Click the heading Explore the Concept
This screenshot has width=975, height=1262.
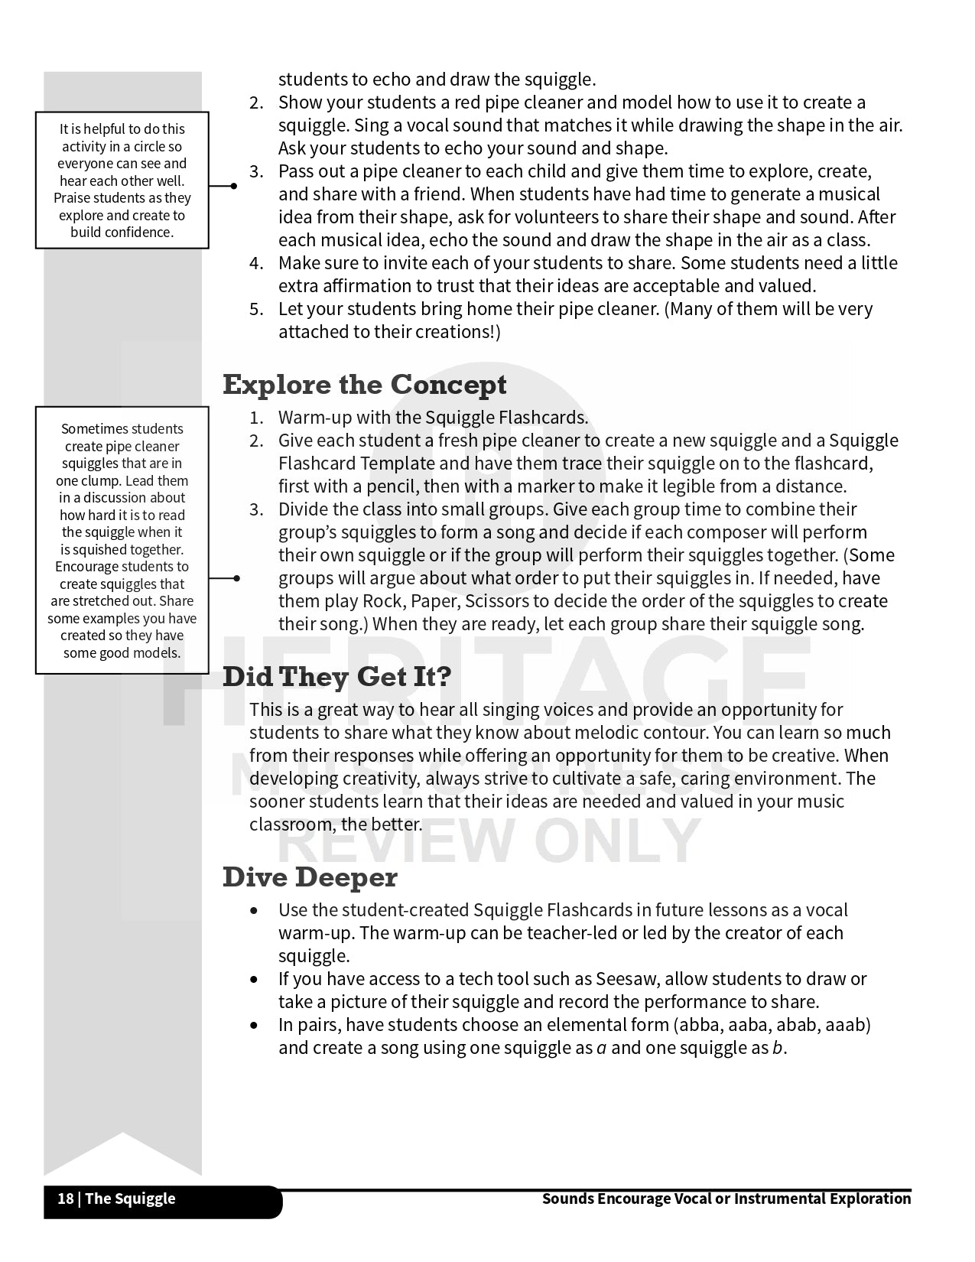pos(364,385)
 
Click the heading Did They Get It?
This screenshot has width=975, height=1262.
pos(336,677)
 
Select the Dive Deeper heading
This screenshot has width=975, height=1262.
pos(310,877)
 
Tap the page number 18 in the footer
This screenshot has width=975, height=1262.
pos(66,1199)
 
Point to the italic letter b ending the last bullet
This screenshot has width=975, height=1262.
pos(777,1048)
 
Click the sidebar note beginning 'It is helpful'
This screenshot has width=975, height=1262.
pos(122,181)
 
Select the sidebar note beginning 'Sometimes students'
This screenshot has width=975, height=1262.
pos(122,540)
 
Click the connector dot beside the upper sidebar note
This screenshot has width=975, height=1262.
pos(233,186)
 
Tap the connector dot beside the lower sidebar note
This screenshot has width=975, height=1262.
pos(236,578)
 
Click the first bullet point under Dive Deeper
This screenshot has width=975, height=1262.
pos(254,910)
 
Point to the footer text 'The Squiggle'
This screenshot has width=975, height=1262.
pos(130,1199)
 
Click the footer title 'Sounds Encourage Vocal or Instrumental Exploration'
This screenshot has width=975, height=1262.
pos(726,1199)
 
